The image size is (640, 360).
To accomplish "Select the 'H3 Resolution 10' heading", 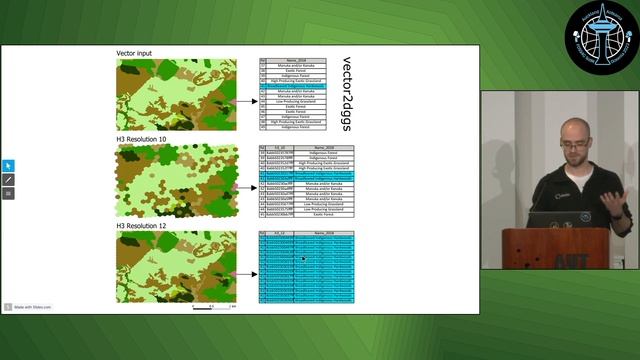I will [x=147, y=138].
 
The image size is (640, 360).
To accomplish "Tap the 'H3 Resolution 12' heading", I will [x=147, y=224].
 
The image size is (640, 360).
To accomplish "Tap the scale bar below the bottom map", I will [x=215, y=306].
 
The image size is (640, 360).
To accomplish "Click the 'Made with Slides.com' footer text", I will [x=30, y=307].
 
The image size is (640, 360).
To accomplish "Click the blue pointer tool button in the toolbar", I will [x=9, y=165].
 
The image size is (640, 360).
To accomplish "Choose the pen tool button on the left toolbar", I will [x=9, y=179].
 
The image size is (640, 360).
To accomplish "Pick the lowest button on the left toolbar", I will [x=9, y=193].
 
